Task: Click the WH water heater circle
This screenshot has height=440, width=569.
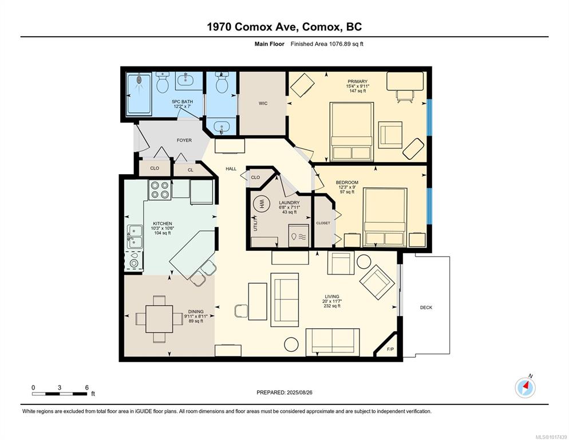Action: pyautogui.click(x=261, y=205)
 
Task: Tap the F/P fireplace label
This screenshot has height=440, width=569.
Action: pyautogui.click(x=390, y=349)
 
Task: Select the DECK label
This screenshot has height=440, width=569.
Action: pyautogui.click(x=426, y=308)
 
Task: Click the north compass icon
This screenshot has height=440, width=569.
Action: pyautogui.click(x=525, y=388)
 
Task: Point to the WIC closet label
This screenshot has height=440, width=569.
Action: pyautogui.click(x=263, y=104)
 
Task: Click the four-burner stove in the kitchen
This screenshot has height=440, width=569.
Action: pyautogui.click(x=160, y=190)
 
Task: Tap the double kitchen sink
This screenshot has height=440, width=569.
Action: pyautogui.click(x=135, y=237)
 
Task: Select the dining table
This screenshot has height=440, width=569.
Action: pyautogui.click(x=159, y=319)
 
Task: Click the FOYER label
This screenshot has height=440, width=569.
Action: pyautogui.click(x=184, y=140)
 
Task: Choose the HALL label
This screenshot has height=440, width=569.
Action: pyautogui.click(x=231, y=168)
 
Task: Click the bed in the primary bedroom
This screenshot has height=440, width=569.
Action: pyautogui.click(x=351, y=131)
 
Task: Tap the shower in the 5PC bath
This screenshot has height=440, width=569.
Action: pyautogui.click(x=139, y=94)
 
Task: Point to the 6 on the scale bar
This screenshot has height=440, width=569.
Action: pyautogui.click(x=87, y=388)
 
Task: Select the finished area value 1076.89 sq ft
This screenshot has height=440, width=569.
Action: pyautogui.click(x=346, y=44)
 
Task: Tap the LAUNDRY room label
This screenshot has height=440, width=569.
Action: pyautogui.click(x=289, y=203)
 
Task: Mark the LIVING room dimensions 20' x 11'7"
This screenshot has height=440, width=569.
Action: pyautogui.click(x=332, y=301)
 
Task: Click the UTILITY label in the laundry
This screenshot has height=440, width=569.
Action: pyautogui.click(x=255, y=223)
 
